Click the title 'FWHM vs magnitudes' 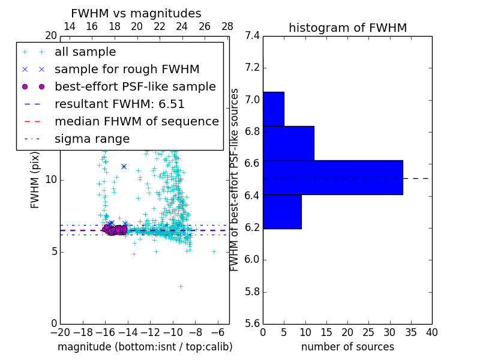coord(136,14)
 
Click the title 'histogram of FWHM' coord(347,28)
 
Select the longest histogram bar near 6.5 coord(332,178)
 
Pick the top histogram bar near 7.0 coord(273,109)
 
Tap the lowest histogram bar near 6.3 coord(282,211)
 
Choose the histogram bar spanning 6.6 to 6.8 coord(288,143)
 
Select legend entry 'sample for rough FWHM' coord(127,70)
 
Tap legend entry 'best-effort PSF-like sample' coord(135,87)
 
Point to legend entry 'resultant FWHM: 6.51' coord(119,104)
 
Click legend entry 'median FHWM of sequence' coord(136,122)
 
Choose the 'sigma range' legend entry coord(92,139)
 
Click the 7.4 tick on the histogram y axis coord(252,36)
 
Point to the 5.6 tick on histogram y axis coord(252,324)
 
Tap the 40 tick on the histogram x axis coord(431,332)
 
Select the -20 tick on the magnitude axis coord(60,332)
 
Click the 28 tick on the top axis coord(227,26)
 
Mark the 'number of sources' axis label coord(347,347)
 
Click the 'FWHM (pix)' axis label coord(35,179)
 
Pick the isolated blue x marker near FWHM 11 coord(124,166)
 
